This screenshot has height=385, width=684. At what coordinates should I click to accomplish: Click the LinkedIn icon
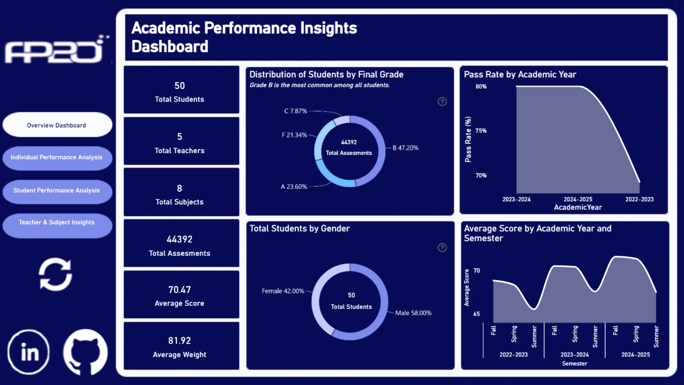point(28,352)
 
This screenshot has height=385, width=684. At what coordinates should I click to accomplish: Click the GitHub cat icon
point(85,352)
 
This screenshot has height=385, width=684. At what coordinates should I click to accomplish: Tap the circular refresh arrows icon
point(55,274)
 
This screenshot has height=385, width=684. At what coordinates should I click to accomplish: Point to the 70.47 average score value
point(180,290)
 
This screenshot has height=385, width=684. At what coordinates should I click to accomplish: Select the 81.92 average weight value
point(180,341)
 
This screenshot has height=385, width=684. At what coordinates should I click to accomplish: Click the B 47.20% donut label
point(405,148)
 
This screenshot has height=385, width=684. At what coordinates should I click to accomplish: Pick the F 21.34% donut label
point(294,135)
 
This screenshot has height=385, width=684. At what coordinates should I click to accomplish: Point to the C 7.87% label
point(295,111)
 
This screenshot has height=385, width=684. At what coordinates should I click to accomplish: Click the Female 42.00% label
point(283,291)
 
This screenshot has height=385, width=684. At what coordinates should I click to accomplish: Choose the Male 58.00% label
point(413,313)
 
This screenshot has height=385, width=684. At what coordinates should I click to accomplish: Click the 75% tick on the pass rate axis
point(481,131)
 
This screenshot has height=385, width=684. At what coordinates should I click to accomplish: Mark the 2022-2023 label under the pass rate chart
point(639,199)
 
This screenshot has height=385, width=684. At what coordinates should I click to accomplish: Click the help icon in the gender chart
point(442,248)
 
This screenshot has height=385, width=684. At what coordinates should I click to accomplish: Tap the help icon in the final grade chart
point(442,102)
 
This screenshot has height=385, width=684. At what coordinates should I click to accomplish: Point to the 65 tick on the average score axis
point(477,314)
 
